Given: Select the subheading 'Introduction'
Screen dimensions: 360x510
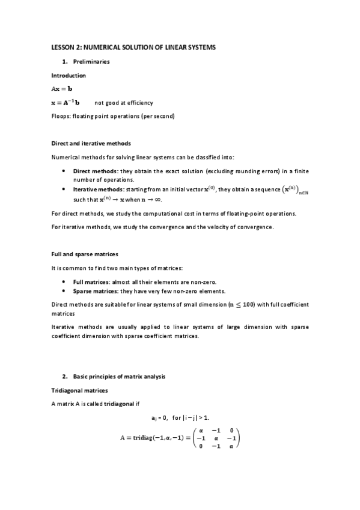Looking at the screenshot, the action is tap(69, 76).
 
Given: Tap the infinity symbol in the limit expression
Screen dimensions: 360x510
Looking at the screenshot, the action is tap(157, 200).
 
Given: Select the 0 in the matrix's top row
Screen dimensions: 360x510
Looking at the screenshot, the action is tap(231, 430).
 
